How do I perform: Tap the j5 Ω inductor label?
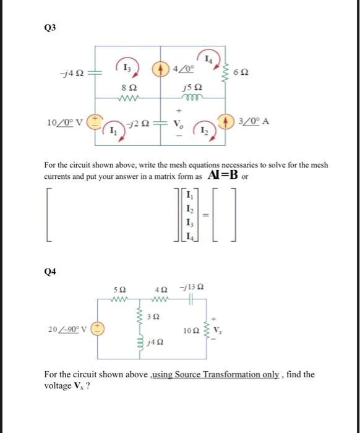[x=192, y=88]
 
